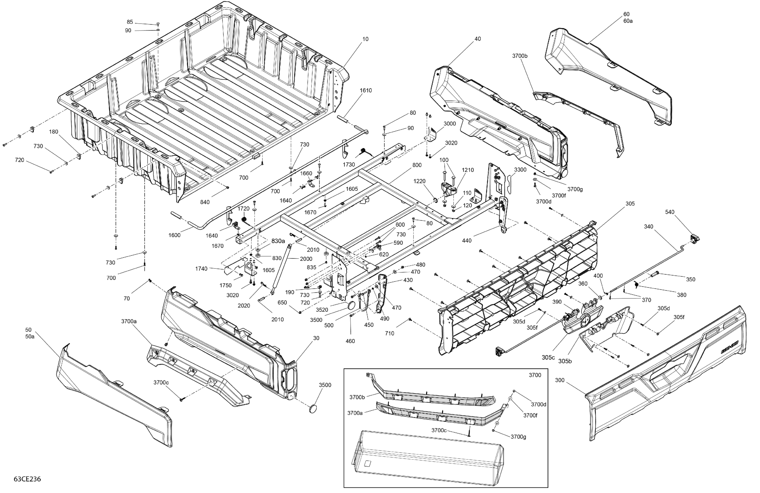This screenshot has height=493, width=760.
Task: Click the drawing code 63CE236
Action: point(27,479)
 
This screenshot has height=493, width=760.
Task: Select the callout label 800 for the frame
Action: point(417,165)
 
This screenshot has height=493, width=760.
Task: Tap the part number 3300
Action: point(520,170)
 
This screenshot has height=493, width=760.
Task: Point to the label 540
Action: point(670,212)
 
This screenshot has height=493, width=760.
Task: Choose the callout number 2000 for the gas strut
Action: point(306,259)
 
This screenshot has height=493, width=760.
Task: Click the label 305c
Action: point(548,358)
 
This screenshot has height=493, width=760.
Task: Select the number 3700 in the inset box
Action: point(535,375)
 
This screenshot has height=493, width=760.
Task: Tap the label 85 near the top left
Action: point(130,22)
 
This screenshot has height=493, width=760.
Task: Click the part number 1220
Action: point(419,181)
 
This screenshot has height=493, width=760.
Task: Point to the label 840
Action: point(205,202)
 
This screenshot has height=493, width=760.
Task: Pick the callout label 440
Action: point(467,241)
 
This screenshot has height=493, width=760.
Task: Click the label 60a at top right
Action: point(628,21)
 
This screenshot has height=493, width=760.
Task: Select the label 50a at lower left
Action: point(30,336)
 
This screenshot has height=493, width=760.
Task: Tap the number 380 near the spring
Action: point(681,295)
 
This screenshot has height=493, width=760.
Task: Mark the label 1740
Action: point(201,269)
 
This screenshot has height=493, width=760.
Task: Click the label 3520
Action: point(322,310)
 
